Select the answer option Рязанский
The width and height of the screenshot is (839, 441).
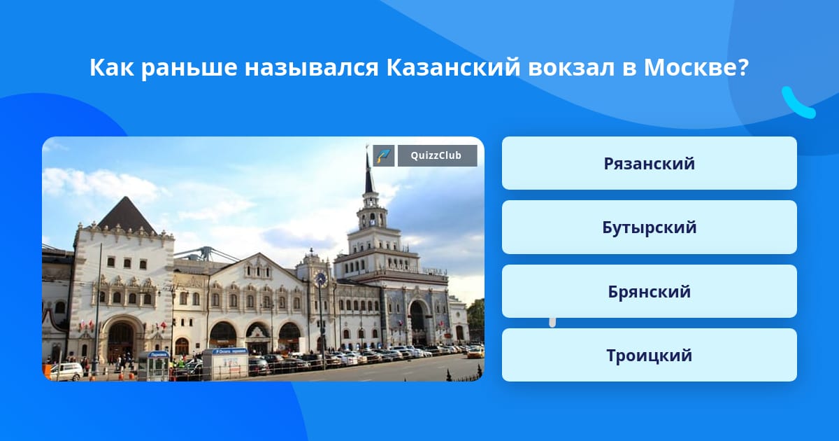click(649, 164)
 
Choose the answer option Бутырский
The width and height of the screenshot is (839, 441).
click(649, 227)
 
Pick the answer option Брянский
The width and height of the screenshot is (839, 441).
click(649, 291)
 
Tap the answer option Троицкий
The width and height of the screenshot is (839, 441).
click(649, 355)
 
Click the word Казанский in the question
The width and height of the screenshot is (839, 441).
click(453, 67)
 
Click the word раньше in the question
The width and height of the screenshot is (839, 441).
click(189, 69)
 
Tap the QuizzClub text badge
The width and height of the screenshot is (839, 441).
click(437, 155)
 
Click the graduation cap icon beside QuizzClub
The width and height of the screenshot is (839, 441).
click(384, 155)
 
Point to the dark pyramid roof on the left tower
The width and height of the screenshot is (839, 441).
click(127, 216)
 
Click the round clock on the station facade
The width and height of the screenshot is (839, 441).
click(321, 279)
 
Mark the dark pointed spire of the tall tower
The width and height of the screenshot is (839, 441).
click(369, 174)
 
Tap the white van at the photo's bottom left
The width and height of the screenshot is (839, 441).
click(66, 371)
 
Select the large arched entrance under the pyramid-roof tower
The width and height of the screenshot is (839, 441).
click(120, 339)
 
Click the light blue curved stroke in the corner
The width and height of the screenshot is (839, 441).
click(797, 103)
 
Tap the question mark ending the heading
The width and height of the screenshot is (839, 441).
click(743, 67)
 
